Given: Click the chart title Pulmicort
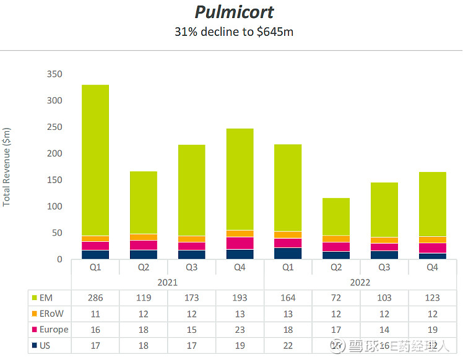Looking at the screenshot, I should tap(234, 12).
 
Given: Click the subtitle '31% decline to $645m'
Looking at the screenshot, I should tap(234, 31).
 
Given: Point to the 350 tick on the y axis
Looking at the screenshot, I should tap(55, 74).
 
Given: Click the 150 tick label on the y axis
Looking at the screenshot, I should tap(55, 180).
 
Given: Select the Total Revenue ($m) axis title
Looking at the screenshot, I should tap(7, 167).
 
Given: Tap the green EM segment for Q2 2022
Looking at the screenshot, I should tap(336, 216).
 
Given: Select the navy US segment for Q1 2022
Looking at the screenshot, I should tap(288, 253).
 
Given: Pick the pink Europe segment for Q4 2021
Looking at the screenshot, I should tap(240, 242).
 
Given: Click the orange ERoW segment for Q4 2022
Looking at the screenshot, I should tap(433, 239).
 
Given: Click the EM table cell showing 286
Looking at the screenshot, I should tap(95, 298).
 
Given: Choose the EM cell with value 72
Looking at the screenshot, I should tap(336, 298).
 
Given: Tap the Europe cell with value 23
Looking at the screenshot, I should tap(240, 330).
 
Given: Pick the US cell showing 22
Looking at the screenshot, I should tap(288, 345).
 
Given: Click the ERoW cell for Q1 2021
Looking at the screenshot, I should tap(95, 314).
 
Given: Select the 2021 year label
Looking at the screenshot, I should tap(167, 282).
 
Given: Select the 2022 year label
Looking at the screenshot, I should tap(360, 282).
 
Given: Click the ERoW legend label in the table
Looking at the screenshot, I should tap(51, 314).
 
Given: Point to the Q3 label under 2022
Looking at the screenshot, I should tap(384, 267).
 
